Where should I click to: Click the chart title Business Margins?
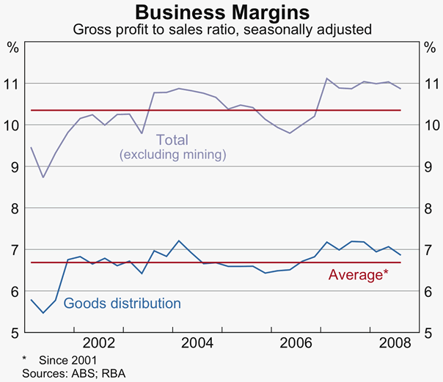pos(221,13)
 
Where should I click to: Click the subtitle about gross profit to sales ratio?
pos(221,30)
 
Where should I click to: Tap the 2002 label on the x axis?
pos(98,342)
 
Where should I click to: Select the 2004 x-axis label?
pos(198,342)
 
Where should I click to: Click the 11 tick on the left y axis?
pos(12,84)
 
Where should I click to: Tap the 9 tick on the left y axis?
pos(12,167)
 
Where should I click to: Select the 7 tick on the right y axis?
pos(430,251)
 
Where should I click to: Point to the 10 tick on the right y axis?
pos(430,125)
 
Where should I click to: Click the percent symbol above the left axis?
pos(12,48)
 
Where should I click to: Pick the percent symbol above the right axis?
pos(430,48)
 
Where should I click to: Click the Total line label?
pos(172,139)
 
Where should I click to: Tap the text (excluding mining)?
pos(172,155)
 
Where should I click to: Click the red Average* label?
pos(358,275)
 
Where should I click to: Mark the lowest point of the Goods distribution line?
pos(43,313)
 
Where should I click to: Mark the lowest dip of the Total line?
pos(43,177)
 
